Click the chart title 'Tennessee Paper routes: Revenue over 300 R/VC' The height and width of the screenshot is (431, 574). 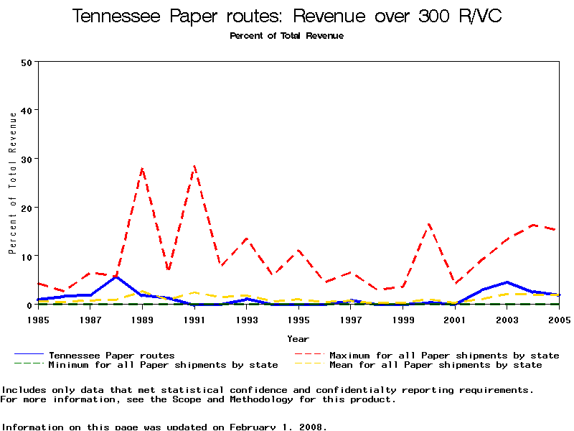tap(287, 16)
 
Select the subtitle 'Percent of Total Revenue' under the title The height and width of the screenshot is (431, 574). tap(287, 36)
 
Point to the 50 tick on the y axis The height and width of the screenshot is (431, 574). tap(27, 62)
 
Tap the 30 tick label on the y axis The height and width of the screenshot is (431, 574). tap(27, 159)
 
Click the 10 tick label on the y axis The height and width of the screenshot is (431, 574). tap(27, 256)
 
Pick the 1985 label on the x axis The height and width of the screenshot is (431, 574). tap(39, 318)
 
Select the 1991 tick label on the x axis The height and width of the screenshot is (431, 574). tap(194, 318)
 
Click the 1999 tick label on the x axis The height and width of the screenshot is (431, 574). tap(403, 318)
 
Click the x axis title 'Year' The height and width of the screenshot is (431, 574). tap(298, 338)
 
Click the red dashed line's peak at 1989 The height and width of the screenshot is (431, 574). tap(143, 169)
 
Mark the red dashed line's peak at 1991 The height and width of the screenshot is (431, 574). tap(194, 166)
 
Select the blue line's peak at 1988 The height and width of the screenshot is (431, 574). tap(117, 277)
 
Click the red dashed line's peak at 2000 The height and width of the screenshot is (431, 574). tap(429, 224)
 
